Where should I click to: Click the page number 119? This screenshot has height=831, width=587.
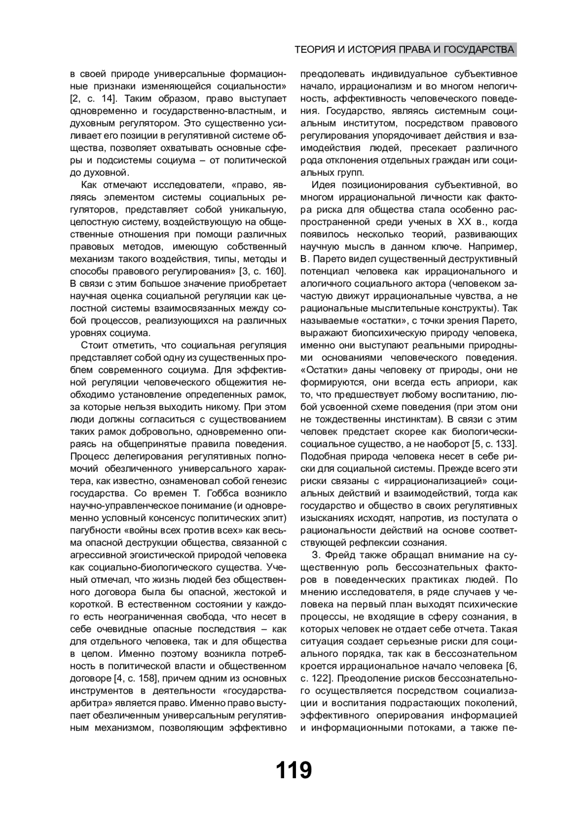click(293, 770)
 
